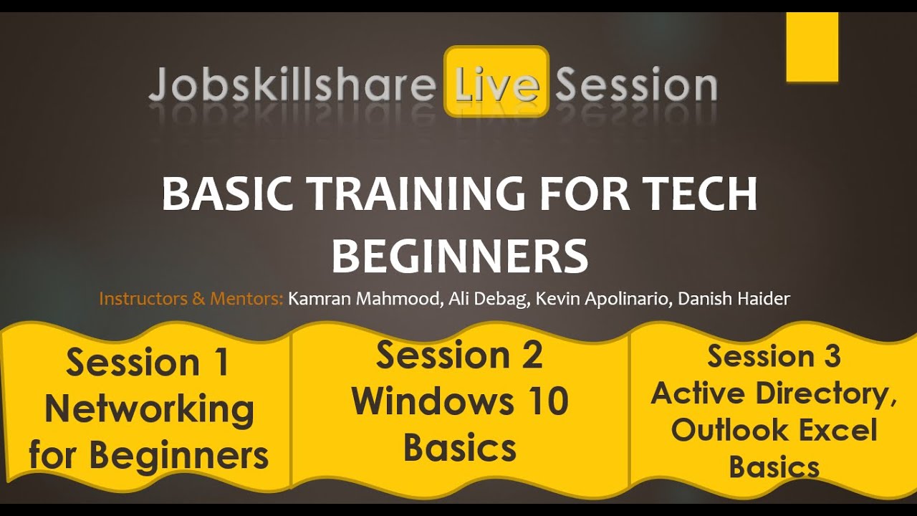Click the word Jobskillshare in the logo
point(292,86)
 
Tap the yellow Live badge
point(496,82)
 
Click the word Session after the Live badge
point(636,85)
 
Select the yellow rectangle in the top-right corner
point(812,47)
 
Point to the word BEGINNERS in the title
point(459,256)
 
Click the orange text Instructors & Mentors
point(191,299)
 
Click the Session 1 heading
point(148,362)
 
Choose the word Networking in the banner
point(149,409)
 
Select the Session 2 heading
point(459,355)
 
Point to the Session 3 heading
point(774,356)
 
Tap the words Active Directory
point(774,393)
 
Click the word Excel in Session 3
point(837,431)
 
